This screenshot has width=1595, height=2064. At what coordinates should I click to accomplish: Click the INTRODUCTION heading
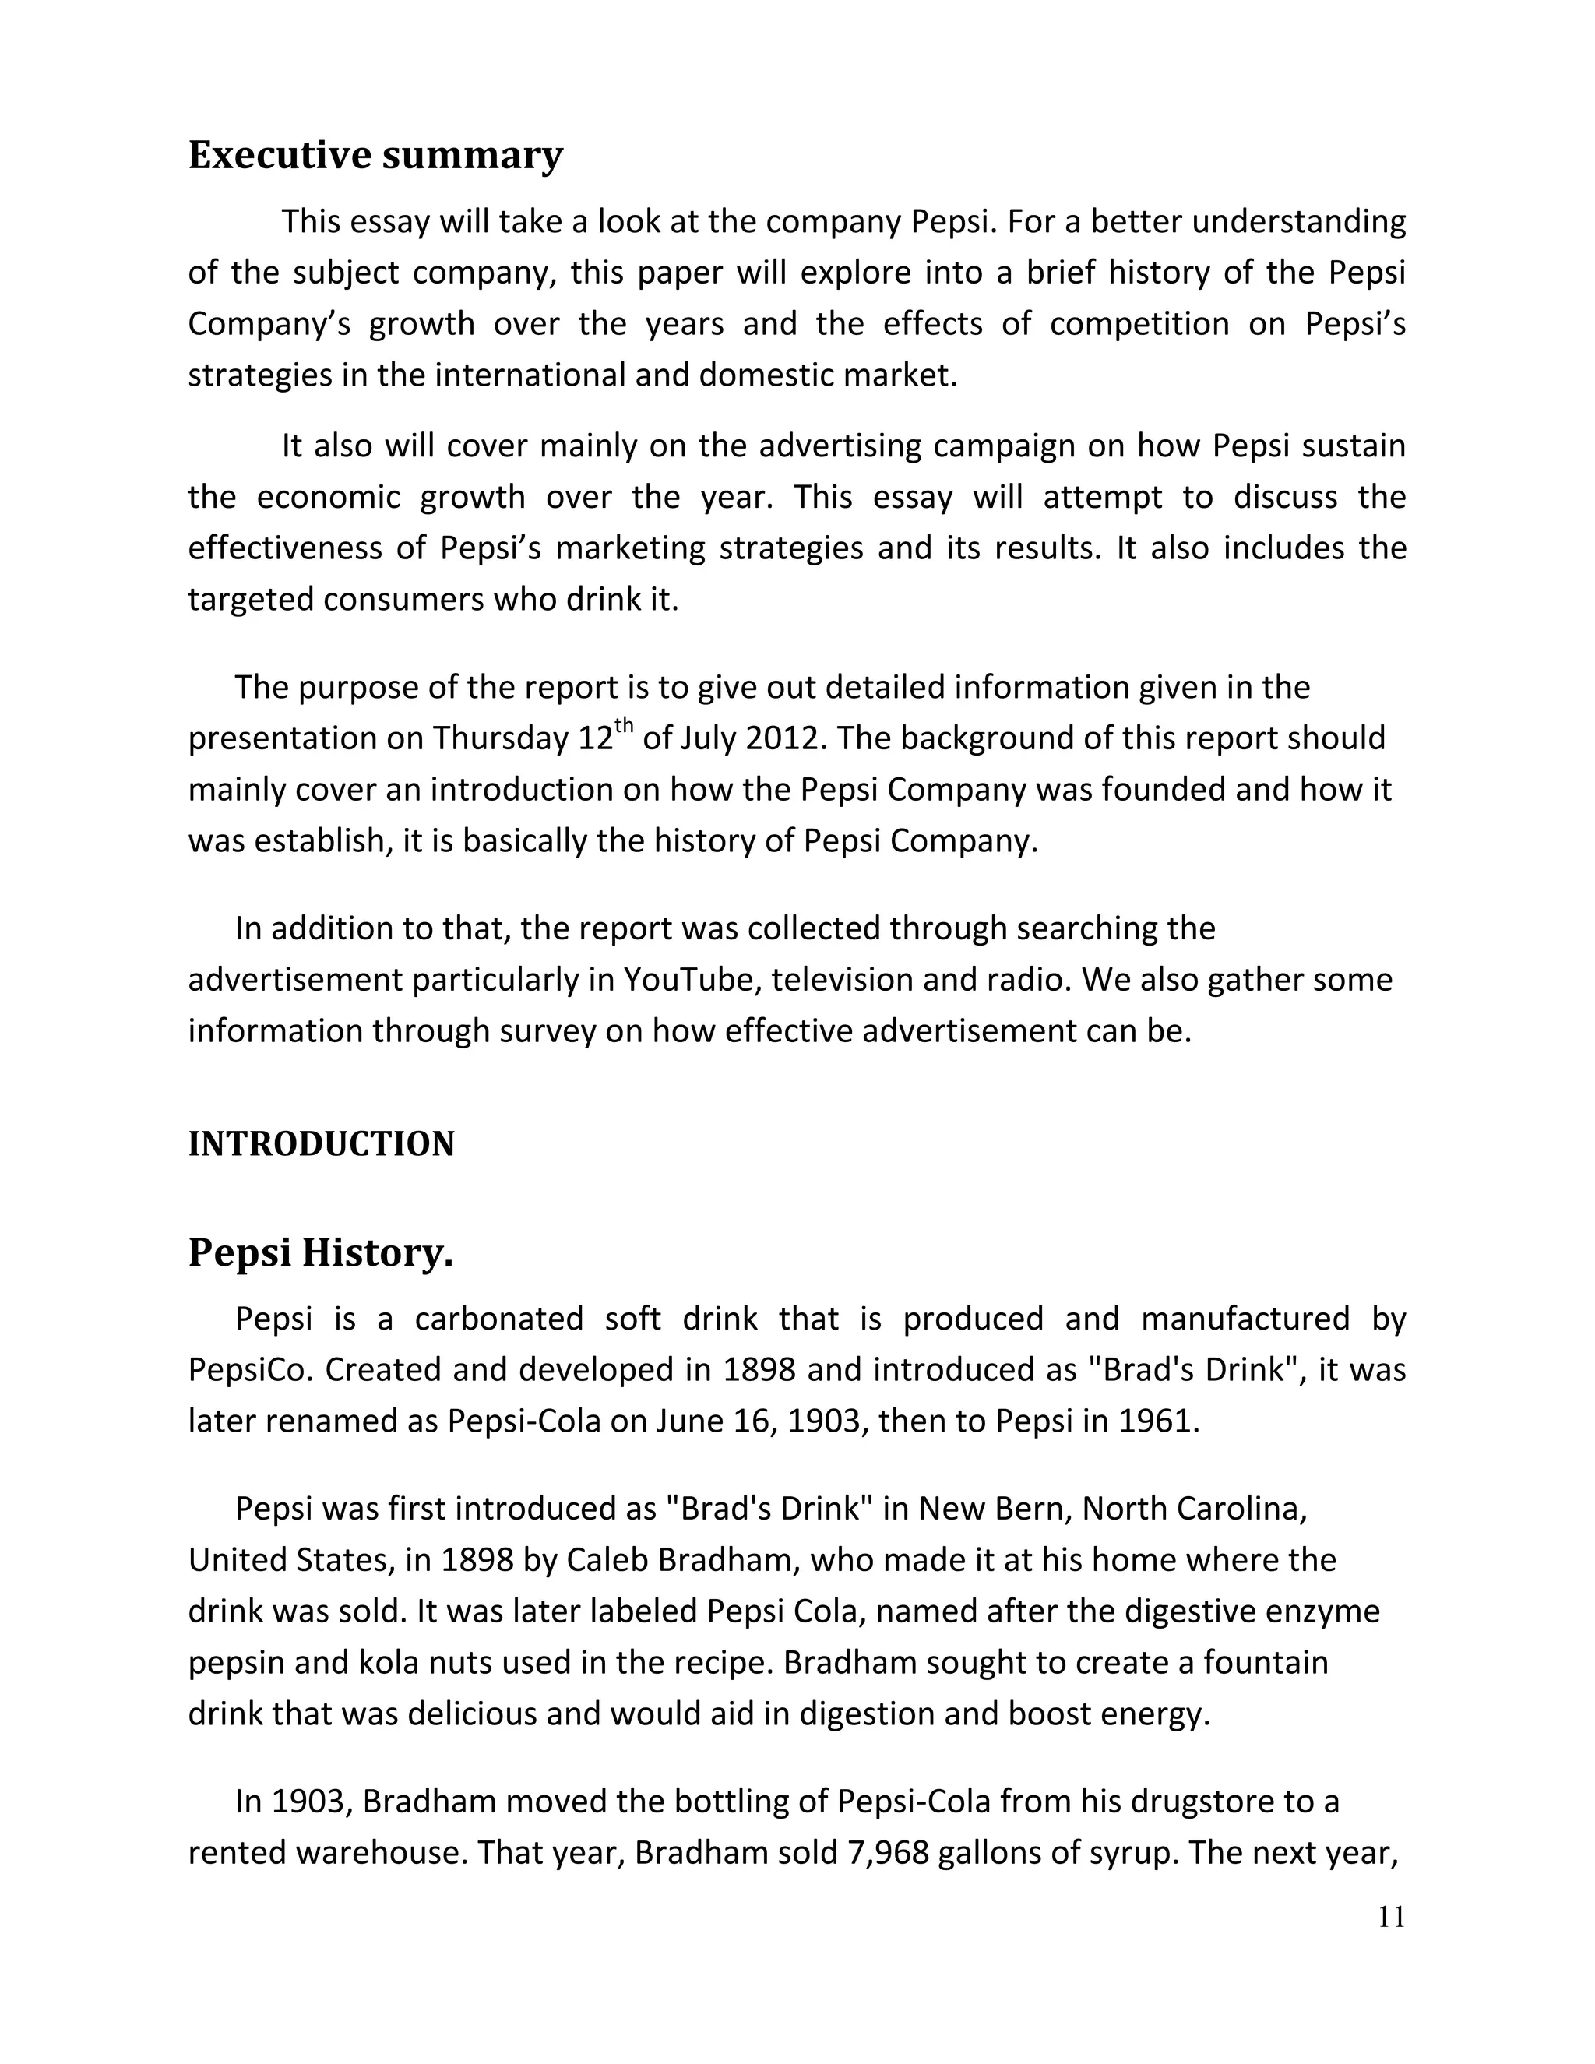(x=322, y=1144)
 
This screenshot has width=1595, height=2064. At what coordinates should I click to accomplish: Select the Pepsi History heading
(x=320, y=1253)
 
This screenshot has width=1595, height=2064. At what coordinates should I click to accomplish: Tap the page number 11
(x=1391, y=1918)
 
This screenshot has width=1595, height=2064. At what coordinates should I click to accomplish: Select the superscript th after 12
(x=624, y=726)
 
